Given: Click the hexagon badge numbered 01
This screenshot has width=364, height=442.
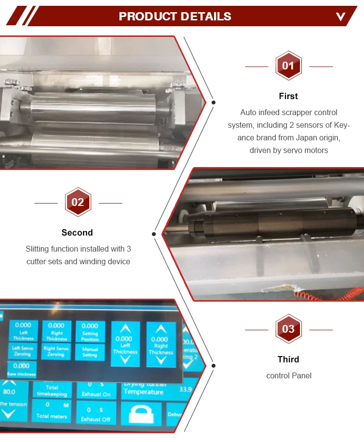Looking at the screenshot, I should tap(288, 66).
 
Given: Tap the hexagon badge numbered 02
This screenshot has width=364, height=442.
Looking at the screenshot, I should tap(78, 202).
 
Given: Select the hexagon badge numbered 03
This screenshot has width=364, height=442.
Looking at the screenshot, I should tap(288, 329).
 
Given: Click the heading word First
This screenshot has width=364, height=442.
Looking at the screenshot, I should tap(288, 96).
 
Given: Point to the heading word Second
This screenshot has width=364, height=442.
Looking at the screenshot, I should tap(77, 233).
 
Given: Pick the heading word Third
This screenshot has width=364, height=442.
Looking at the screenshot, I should tap(288, 359).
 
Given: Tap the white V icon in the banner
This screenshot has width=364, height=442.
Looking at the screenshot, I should tap(341, 17).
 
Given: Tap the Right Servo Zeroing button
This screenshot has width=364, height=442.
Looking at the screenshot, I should tap(56, 351).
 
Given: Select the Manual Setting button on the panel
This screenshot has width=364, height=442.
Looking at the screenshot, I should tap(90, 352).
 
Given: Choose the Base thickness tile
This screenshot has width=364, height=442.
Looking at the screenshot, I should tap(21, 369).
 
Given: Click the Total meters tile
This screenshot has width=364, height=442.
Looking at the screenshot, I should tap(51, 410).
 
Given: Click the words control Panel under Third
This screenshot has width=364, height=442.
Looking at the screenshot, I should tap(288, 375).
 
